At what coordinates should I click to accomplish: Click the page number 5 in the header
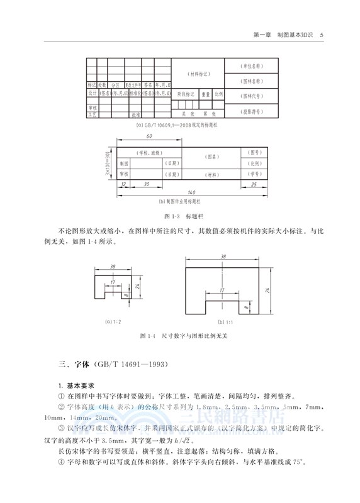(x=322, y=35)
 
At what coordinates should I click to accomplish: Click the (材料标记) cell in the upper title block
(x=198, y=74)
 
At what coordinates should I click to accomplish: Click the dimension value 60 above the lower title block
(x=149, y=136)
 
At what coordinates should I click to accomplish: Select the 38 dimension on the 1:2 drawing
(x=113, y=267)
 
